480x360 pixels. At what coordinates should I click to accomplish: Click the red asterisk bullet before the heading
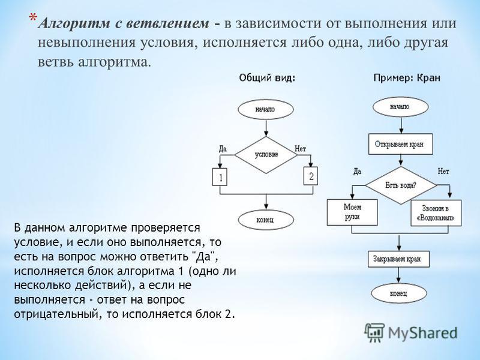tap(33, 18)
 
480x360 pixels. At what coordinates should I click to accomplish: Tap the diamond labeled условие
tap(266, 155)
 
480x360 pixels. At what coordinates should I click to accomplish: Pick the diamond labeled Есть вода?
tap(401, 185)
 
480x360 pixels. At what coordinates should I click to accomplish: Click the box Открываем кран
tap(400, 144)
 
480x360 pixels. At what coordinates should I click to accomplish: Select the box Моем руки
tap(352, 212)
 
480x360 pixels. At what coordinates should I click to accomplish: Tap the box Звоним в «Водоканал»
tap(436, 213)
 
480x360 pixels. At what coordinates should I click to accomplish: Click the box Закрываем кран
tap(398, 259)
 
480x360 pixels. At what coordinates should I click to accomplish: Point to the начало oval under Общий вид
tap(266, 109)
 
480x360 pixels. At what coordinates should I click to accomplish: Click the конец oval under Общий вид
tap(266, 220)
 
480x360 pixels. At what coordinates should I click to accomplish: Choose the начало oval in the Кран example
tap(400, 107)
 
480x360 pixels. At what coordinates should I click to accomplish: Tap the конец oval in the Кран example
tap(399, 293)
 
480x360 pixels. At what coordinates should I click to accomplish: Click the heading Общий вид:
tap(267, 78)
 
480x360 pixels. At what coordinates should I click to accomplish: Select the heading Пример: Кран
tap(407, 78)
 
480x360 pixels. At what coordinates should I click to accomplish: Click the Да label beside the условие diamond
tap(223, 149)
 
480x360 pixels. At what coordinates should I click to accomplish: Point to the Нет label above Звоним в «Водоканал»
tap(443, 171)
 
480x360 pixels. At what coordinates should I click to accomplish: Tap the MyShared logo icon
tap(374, 332)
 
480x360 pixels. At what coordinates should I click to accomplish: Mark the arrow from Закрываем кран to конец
tap(398, 275)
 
